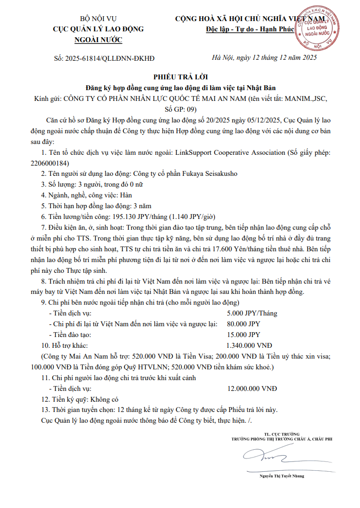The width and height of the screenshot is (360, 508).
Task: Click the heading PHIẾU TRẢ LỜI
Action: click(x=180, y=77)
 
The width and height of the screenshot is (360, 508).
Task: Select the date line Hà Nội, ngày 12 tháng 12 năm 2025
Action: click(x=264, y=58)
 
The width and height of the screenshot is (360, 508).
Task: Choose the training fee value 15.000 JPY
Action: click(x=243, y=335)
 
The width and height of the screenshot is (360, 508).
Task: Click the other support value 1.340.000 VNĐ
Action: click(x=249, y=345)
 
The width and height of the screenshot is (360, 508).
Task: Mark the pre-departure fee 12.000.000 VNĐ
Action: click(x=252, y=388)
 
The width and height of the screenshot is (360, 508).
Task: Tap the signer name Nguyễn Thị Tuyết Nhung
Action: click(x=282, y=476)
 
